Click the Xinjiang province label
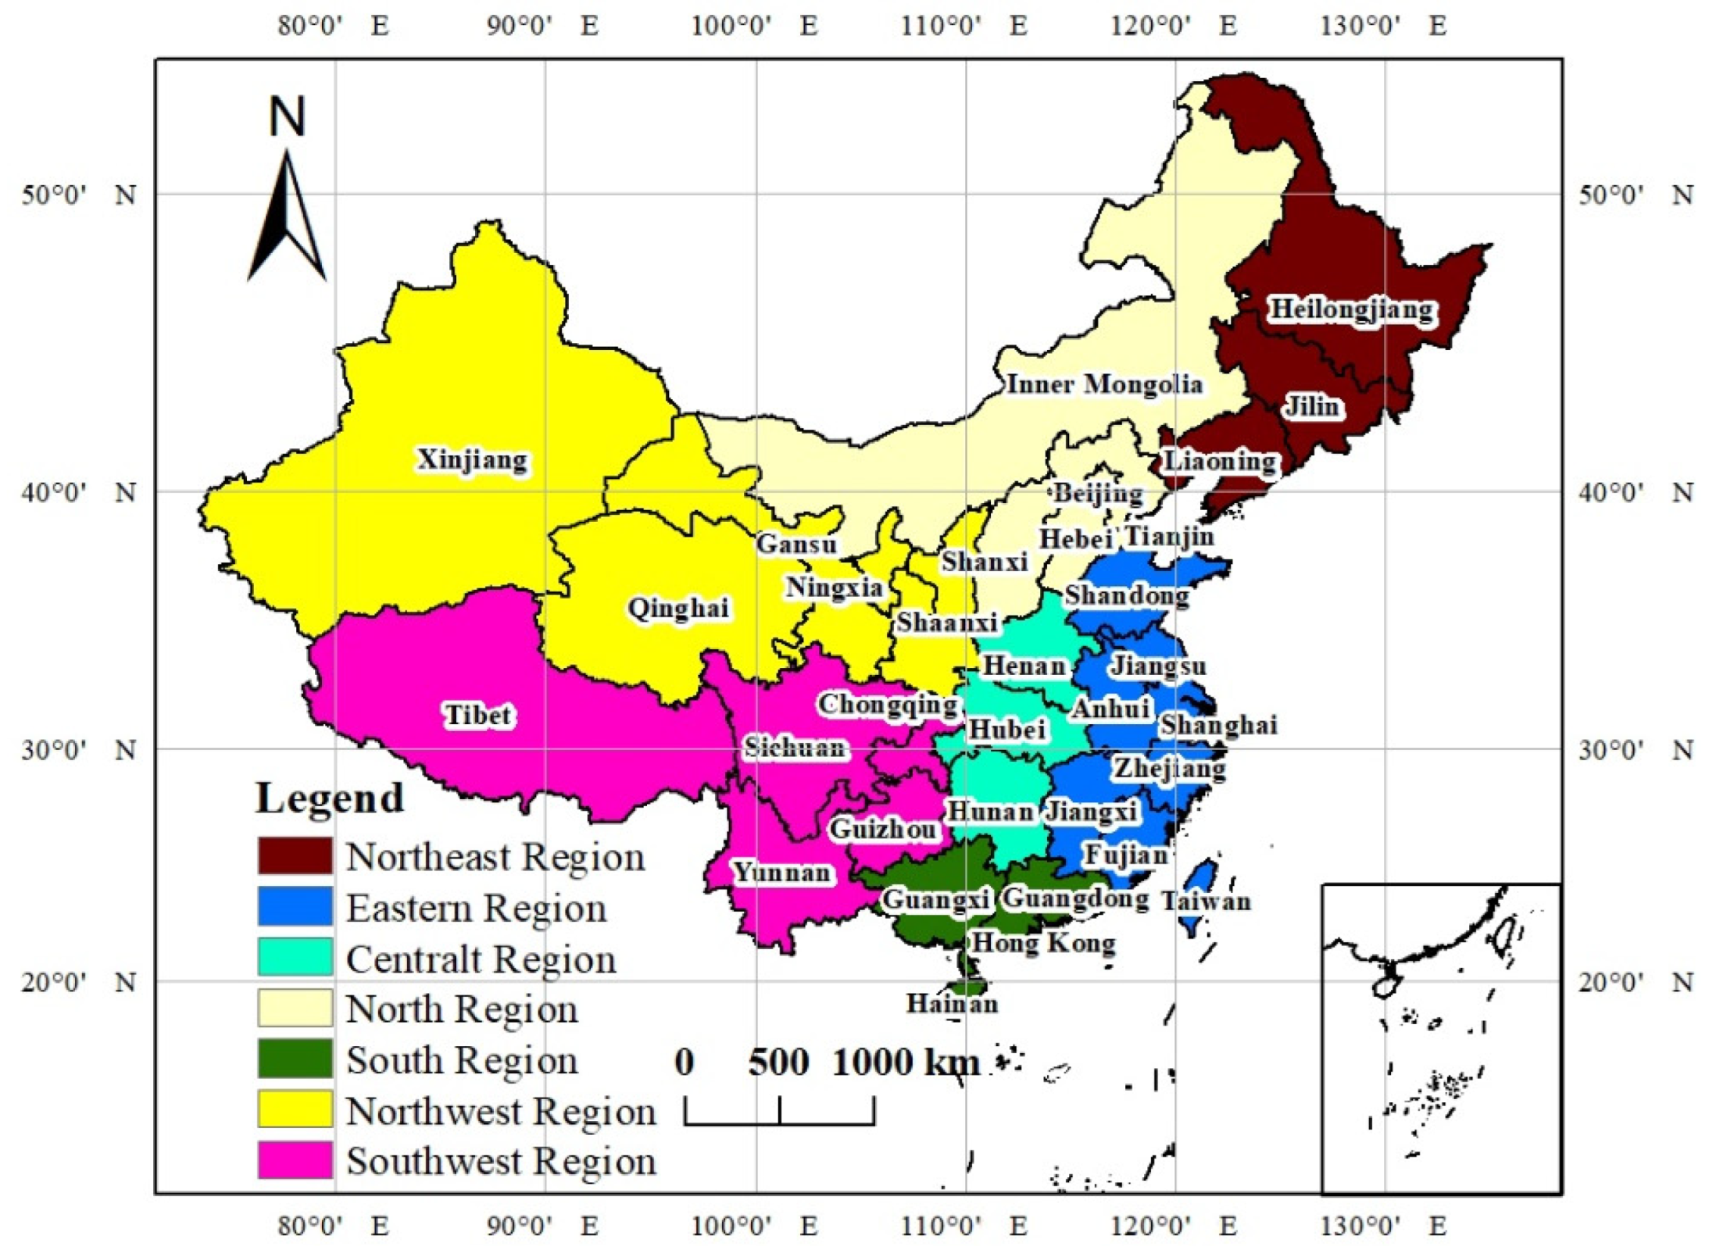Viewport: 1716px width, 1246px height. point(472,459)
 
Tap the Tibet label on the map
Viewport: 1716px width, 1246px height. point(477,715)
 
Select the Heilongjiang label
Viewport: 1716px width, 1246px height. point(1352,309)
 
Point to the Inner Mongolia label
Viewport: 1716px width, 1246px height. point(1103,384)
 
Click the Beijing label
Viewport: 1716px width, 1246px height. point(1097,494)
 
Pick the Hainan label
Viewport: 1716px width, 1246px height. point(952,1003)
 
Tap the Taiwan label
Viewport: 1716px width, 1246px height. point(1206,901)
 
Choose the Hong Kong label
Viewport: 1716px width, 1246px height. point(1043,943)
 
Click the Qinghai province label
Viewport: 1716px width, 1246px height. point(678,608)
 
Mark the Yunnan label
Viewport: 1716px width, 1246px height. point(781,872)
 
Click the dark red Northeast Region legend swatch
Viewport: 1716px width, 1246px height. point(295,855)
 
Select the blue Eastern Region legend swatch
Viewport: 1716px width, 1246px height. point(295,906)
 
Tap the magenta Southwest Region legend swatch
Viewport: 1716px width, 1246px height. point(295,1160)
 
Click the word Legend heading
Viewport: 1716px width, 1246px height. point(330,798)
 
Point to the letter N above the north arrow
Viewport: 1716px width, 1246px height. point(287,116)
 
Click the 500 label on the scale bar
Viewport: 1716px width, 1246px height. point(778,1062)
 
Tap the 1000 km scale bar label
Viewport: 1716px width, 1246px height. point(906,1062)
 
